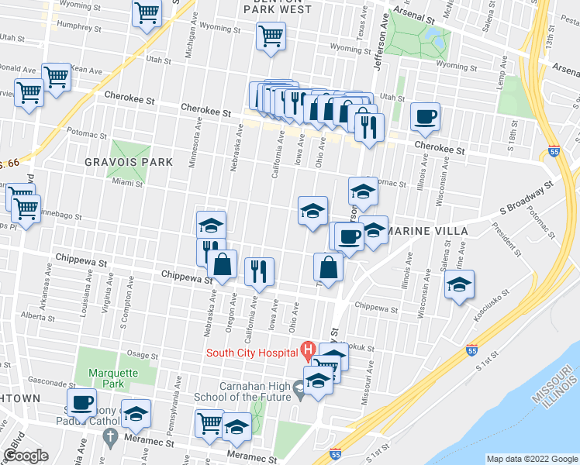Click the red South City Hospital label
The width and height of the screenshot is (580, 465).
pos(253,354)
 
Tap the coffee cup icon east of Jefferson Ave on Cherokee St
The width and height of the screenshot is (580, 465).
pos(425,117)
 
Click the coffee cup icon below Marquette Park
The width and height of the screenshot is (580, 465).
pos(81,402)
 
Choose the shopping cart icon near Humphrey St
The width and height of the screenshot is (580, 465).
pos(147,12)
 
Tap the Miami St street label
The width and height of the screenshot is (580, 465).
pos(126,184)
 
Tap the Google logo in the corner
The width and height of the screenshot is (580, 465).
pos(26,456)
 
